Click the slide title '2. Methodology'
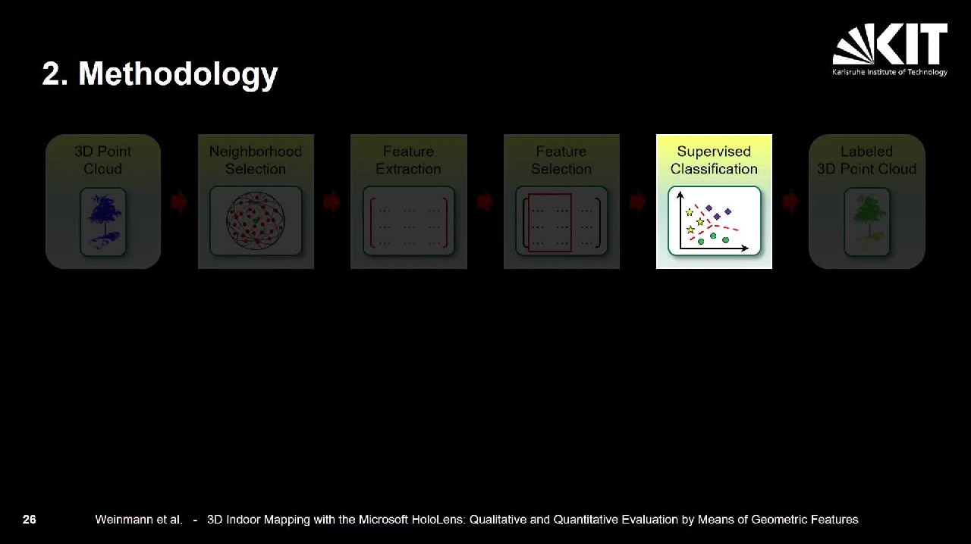point(159,74)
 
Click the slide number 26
point(29,519)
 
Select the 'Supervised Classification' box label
point(714,160)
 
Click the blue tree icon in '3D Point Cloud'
point(103,221)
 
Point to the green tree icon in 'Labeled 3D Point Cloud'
point(867,221)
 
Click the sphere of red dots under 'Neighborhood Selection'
point(256,220)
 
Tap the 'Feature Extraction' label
point(408,160)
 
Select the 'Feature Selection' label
point(561,160)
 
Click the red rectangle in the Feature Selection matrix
point(550,223)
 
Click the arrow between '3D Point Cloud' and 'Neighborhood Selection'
point(178,202)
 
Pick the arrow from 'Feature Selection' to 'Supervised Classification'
point(637,202)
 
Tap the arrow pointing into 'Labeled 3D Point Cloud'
point(790,202)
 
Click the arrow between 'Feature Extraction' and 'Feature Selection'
point(485,202)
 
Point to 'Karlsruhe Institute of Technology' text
point(890,72)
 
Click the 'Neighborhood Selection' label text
point(256,160)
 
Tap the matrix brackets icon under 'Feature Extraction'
point(408,223)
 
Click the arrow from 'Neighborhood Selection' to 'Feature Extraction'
point(332,202)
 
